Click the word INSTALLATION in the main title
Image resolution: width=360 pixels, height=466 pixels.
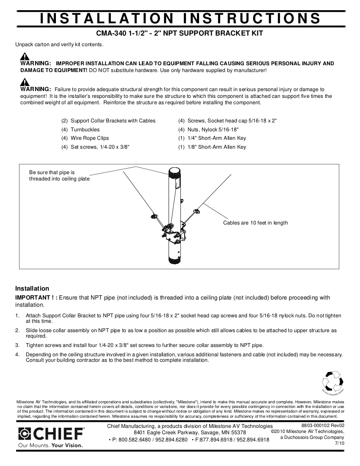coord(107,18)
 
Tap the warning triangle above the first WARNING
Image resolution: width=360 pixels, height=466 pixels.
coord(25,56)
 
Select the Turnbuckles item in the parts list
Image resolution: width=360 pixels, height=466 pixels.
coord(80,130)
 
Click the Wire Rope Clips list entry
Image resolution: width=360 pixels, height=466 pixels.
coord(85,138)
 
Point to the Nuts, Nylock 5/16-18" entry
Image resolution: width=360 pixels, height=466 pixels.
coord(208,130)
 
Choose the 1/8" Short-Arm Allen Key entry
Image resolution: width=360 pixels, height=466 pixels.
coord(212,147)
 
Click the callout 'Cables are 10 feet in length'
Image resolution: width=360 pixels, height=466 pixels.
coord(255,223)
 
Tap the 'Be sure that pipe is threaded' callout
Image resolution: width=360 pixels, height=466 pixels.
coord(59,176)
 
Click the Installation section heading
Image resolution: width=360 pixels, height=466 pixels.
coord(32,288)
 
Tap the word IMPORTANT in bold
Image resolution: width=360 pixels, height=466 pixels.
coord(33,298)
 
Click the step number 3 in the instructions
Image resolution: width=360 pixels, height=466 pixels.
coord(17,345)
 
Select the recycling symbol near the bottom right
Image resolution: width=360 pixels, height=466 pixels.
coord(333,382)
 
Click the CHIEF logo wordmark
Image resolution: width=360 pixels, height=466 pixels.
coord(52,434)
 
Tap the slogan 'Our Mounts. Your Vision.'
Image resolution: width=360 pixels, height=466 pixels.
coord(50,445)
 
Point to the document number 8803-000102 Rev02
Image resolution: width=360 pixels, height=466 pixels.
coord(323,426)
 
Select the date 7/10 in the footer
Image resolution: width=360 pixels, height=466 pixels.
coord(340,443)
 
